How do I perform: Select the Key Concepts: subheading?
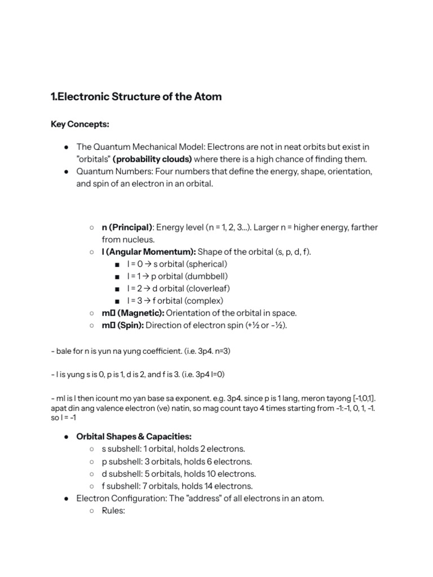(79, 124)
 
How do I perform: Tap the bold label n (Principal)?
(127, 227)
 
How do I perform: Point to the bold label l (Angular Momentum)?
(149, 252)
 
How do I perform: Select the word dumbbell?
(206, 276)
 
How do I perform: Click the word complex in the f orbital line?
(205, 301)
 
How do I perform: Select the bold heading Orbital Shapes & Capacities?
(134, 437)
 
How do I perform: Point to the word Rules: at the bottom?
(113, 511)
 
